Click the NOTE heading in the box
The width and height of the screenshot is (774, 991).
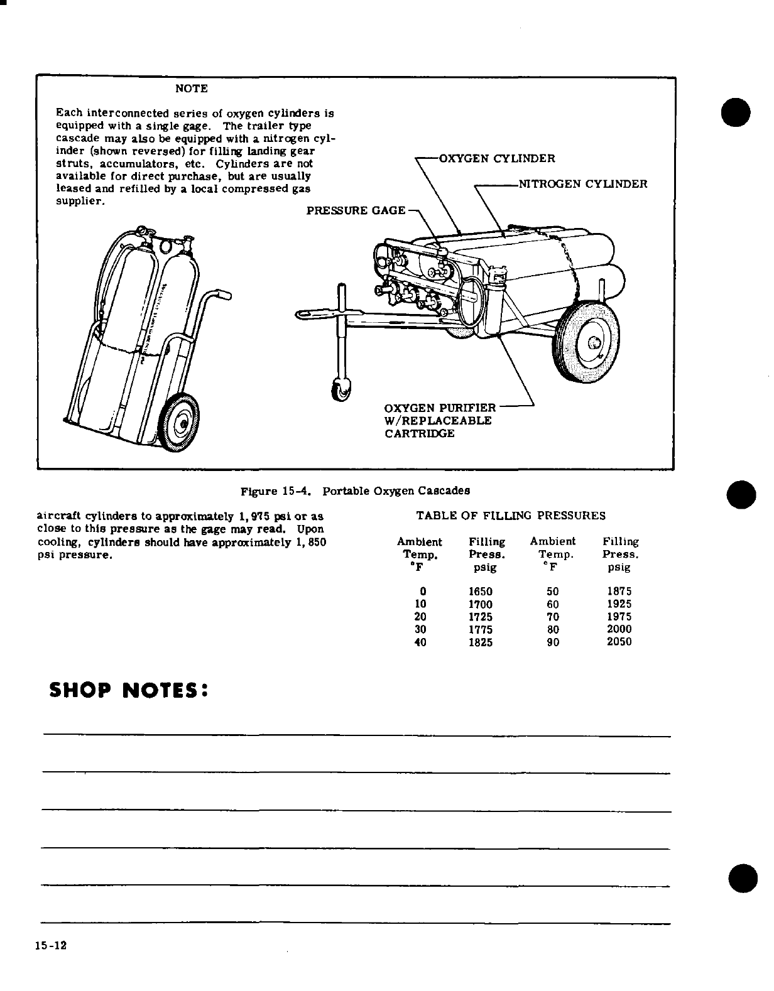pyautogui.click(x=191, y=89)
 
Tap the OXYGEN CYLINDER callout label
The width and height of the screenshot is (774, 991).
pyautogui.click(x=496, y=158)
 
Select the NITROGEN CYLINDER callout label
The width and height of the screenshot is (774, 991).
pyautogui.click(x=582, y=184)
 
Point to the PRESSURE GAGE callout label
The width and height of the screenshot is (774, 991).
pyautogui.click(x=356, y=210)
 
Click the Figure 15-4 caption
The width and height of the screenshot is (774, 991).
pyautogui.click(x=356, y=490)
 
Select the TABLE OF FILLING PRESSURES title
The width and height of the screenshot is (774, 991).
pyautogui.click(x=511, y=516)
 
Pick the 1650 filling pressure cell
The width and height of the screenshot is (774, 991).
pyautogui.click(x=481, y=592)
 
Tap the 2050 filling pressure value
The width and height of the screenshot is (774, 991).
pyautogui.click(x=619, y=642)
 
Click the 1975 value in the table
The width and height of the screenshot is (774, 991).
pyautogui.click(x=619, y=617)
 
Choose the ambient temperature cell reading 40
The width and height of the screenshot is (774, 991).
pyautogui.click(x=421, y=642)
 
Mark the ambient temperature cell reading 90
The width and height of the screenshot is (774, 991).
pyautogui.click(x=553, y=642)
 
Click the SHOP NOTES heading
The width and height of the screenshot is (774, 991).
pyautogui.click(x=128, y=690)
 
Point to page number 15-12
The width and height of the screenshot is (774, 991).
pyautogui.click(x=51, y=946)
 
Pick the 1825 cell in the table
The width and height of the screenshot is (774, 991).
pyautogui.click(x=481, y=642)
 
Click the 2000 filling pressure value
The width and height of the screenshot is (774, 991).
pyautogui.click(x=619, y=629)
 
